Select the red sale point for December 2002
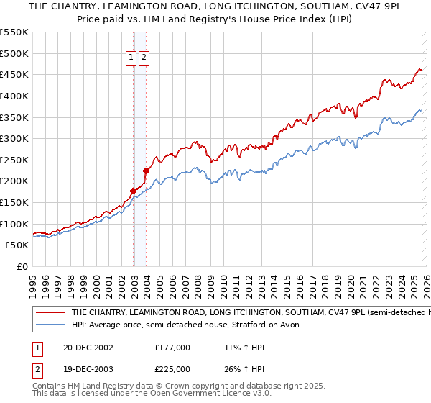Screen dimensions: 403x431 134,191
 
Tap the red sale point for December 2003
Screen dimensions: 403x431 146,171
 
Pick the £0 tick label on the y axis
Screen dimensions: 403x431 22,267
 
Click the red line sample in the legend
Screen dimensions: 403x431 50,313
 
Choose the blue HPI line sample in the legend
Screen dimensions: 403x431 50,325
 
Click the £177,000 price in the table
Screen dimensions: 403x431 172,347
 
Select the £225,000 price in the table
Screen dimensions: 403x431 172,371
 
